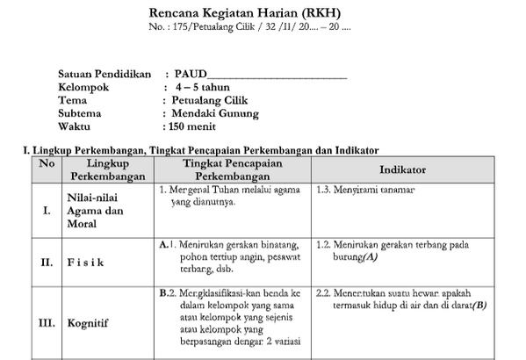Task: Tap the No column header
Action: tap(47, 164)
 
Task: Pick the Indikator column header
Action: tap(403, 169)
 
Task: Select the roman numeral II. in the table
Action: tap(47, 262)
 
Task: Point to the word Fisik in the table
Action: tap(86, 262)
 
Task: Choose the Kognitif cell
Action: tap(91, 323)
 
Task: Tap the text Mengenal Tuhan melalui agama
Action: tap(224, 190)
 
